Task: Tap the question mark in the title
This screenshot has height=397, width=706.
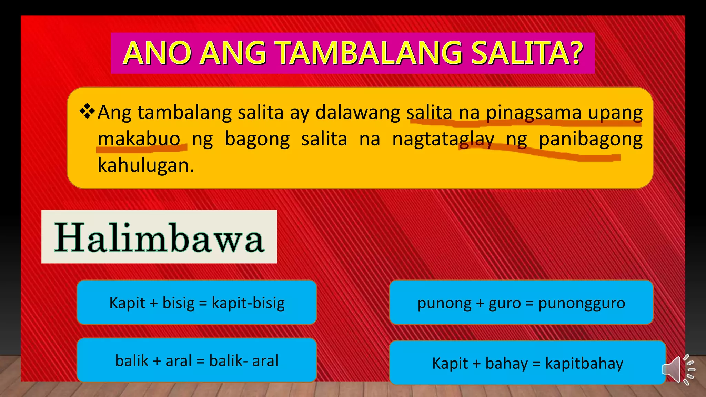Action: tap(574, 53)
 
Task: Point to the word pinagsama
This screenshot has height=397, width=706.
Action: tap(534, 113)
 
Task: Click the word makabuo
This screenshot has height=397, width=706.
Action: tap(139, 139)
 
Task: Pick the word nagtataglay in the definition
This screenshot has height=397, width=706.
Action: tap(443, 140)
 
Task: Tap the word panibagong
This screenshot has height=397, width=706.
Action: tap(591, 140)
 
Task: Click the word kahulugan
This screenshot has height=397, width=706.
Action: tap(145, 165)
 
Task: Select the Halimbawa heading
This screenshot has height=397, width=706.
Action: tap(159, 237)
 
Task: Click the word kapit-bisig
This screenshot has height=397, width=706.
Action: tap(248, 303)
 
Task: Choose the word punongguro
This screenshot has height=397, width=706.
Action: tap(582, 303)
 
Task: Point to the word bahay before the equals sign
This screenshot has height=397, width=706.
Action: tap(506, 363)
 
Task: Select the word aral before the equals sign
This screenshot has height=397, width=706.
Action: tap(179, 361)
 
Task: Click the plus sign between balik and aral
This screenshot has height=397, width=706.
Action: tap(157, 361)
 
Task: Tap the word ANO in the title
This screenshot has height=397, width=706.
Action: tap(157, 53)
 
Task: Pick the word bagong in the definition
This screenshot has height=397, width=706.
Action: tap(257, 140)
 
